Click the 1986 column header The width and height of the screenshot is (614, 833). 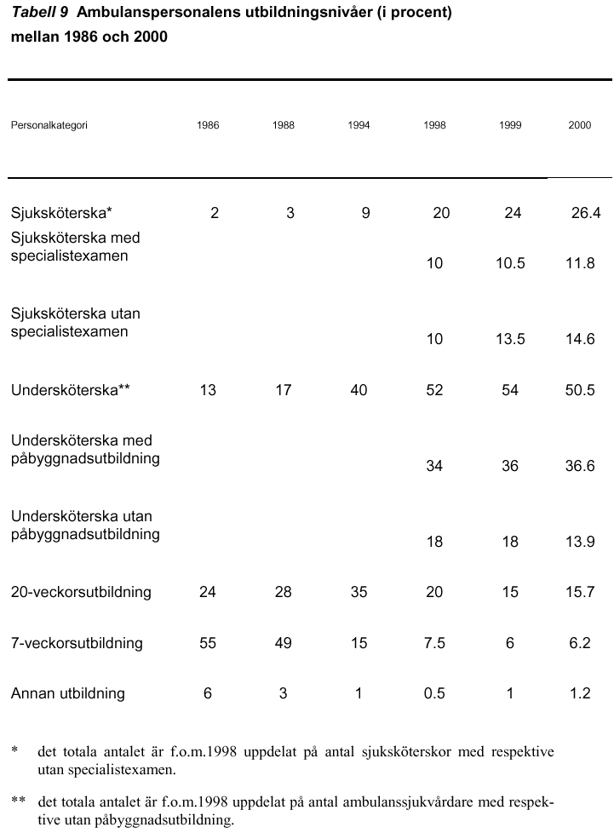208,125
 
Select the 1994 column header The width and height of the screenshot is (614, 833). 359,125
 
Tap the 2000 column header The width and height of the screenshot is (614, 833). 579,125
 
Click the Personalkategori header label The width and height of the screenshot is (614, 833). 49,126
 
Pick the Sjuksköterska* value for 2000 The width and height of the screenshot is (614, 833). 586,213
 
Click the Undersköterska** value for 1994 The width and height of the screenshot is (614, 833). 359,390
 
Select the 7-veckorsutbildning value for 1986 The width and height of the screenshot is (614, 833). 208,643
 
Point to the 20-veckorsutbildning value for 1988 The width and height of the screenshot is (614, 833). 283,592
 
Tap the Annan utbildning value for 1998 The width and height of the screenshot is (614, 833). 434,694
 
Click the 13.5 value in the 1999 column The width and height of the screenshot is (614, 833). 510,340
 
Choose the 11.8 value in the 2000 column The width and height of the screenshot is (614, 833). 580,263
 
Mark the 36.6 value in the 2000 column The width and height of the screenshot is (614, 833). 580,467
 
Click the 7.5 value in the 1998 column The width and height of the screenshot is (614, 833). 434,643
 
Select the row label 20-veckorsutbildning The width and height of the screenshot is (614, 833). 81,592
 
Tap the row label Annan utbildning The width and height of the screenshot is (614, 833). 68,694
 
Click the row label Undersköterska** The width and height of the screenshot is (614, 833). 70,390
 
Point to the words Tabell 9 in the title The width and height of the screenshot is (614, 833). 40,13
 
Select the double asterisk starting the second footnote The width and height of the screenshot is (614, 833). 18,799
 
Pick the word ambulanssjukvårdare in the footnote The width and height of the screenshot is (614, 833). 407,802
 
